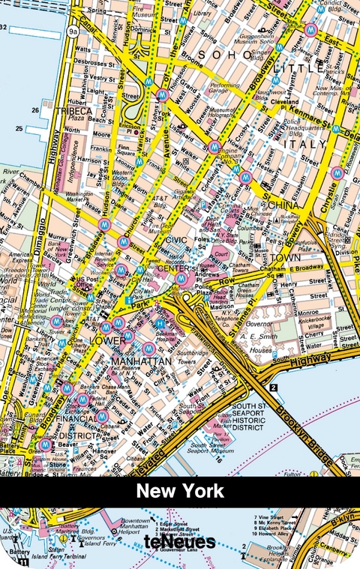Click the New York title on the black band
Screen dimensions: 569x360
click(180, 492)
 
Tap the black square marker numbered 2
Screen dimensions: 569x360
click(274, 388)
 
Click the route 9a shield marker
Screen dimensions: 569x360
click(73, 32)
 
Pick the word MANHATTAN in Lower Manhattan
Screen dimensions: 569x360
click(141, 361)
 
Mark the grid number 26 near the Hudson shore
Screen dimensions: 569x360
click(34, 110)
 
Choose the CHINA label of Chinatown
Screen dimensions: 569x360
click(283, 204)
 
